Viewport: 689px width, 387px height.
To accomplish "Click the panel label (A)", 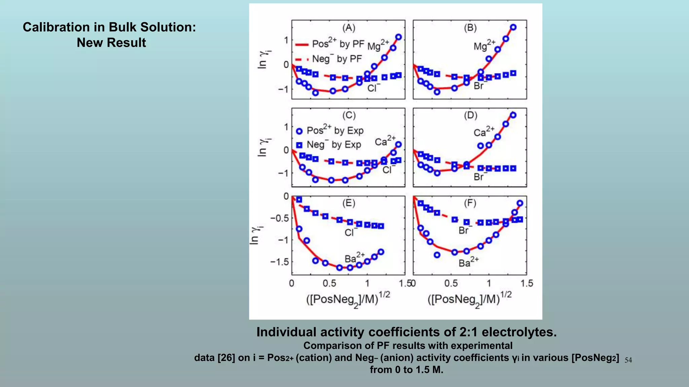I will click(x=349, y=28).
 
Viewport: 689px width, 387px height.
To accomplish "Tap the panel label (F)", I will click(x=470, y=203).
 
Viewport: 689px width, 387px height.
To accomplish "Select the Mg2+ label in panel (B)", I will click(x=484, y=45).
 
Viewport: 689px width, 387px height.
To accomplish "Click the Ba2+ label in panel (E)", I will click(x=354, y=258).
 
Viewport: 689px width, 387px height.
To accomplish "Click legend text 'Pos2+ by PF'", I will click(x=338, y=44).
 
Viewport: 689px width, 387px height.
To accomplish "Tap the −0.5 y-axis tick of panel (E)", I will click(x=280, y=218).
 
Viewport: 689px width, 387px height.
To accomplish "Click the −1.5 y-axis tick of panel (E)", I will click(x=280, y=262).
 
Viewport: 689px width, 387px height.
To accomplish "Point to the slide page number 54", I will click(x=628, y=360).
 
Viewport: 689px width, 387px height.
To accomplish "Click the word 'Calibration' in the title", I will click(x=55, y=27).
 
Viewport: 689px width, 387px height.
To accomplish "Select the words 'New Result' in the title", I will click(x=111, y=43).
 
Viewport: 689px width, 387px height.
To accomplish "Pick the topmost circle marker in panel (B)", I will click(x=513, y=27).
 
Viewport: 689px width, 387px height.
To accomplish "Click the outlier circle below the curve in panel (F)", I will click(x=437, y=255).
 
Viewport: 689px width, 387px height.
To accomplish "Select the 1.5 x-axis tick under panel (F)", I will click(x=527, y=284).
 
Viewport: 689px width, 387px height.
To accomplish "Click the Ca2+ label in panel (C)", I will click(x=385, y=141).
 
